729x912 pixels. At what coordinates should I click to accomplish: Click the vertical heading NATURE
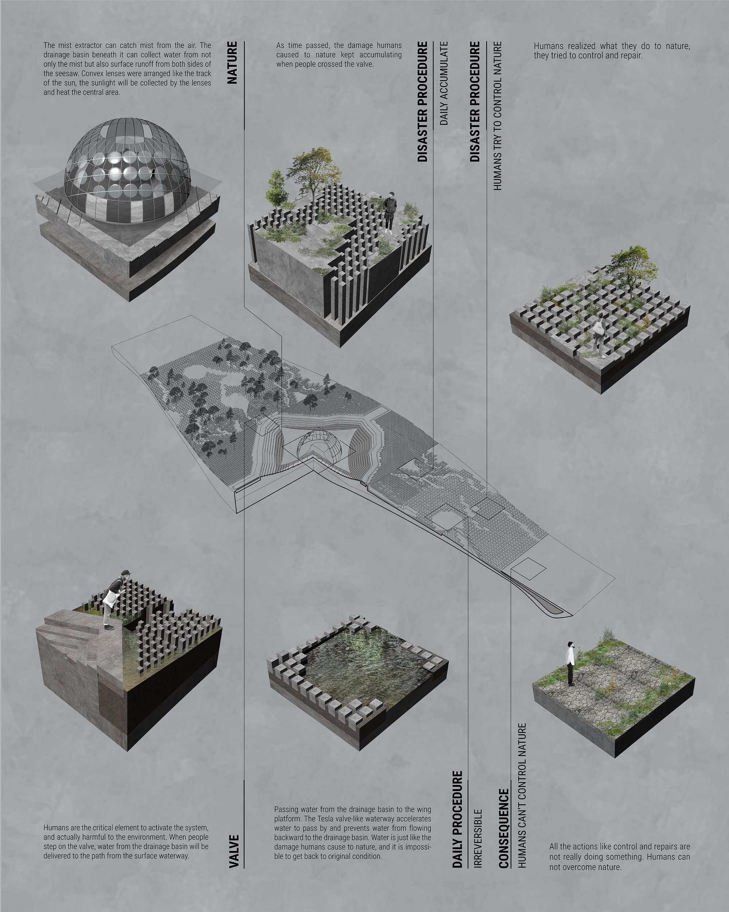[x=233, y=63]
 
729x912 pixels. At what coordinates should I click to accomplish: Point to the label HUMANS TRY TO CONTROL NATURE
[x=498, y=116]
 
